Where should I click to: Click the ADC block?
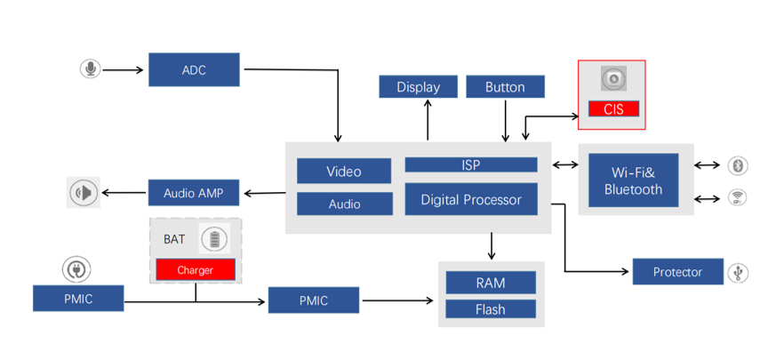(x=194, y=69)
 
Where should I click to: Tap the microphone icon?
(x=90, y=68)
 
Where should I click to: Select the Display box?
(x=418, y=86)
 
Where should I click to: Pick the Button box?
(x=505, y=86)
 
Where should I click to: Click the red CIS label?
(x=613, y=109)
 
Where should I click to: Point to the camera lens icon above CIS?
(x=612, y=80)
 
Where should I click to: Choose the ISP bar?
(x=470, y=164)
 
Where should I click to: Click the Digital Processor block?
(x=470, y=200)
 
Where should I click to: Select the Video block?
(x=343, y=171)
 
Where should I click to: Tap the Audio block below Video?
(x=344, y=204)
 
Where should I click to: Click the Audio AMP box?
(x=193, y=192)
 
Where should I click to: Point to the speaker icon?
(x=84, y=193)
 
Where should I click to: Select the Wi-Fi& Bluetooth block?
(x=633, y=181)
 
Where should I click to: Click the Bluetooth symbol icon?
(x=737, y=165)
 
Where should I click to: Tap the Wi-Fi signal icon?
(x=737, y=197)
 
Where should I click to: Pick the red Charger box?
(x=196, y=269)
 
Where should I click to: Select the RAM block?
(x=490, y=283)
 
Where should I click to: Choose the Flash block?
(x=490, y=309)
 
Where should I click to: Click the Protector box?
(x=677, y=272)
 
